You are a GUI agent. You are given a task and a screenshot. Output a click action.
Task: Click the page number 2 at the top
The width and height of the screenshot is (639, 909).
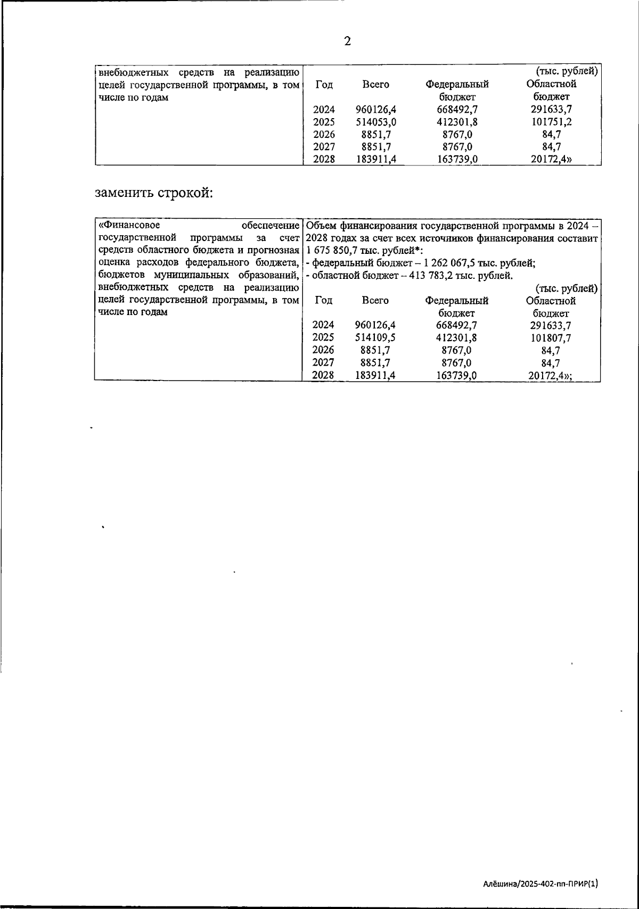tap(347, 42)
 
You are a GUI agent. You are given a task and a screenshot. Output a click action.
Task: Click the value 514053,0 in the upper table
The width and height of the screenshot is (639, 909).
tap(376, 122)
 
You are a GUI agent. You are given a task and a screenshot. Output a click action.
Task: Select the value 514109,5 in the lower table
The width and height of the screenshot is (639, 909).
tap(375, 337)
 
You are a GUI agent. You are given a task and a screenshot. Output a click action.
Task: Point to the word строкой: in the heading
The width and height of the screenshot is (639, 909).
tap(185, 192)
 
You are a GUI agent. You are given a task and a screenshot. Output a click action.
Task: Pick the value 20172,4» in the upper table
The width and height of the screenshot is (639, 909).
tap(554, 159)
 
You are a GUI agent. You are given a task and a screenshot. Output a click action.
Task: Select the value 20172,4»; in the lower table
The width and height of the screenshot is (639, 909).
tap(554, 376)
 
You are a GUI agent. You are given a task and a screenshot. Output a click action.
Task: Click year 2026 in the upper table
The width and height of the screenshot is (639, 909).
tap(324, 135)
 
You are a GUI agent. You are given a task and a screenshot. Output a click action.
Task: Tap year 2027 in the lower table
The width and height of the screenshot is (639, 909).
tap(323, 363)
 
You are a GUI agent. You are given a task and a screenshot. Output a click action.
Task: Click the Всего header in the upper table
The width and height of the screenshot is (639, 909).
tap(375, 85)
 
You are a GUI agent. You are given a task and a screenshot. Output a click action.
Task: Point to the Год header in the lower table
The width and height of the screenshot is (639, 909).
tap(324, 301)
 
